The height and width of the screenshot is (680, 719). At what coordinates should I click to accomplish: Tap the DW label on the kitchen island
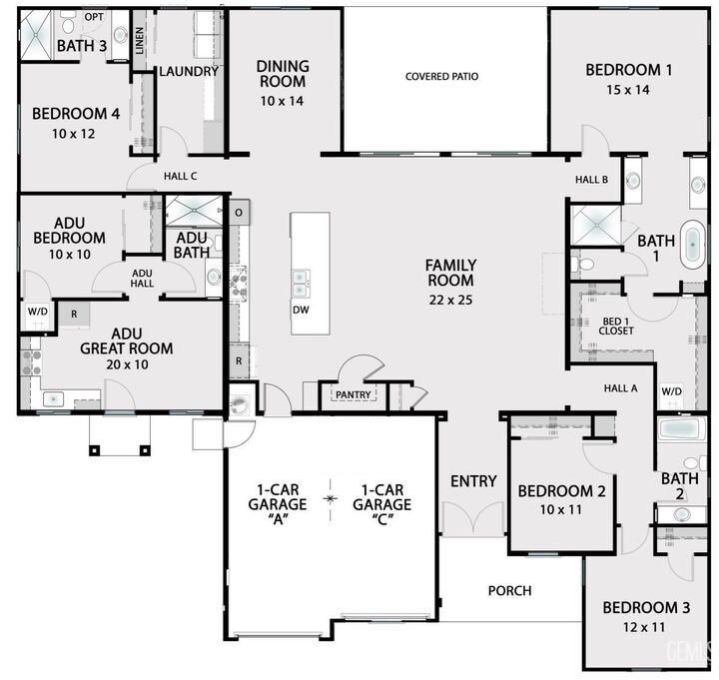[301, 311]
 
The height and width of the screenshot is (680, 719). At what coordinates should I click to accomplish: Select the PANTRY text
[353, 395]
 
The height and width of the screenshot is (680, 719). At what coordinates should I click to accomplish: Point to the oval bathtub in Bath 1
[691, 245]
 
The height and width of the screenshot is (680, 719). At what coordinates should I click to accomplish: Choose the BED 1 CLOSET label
[616, 326]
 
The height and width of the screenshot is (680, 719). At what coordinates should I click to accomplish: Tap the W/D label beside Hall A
[670, 390]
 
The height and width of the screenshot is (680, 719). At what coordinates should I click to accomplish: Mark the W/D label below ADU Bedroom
[37, 312]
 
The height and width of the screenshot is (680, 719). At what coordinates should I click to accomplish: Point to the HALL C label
[181, 177]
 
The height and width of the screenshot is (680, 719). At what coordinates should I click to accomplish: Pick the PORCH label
[509, 590]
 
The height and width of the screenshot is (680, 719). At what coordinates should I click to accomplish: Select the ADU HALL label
[142, 279]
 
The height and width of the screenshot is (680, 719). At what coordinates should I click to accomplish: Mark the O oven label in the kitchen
[239, 213]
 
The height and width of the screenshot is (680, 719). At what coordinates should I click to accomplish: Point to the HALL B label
[591, 180]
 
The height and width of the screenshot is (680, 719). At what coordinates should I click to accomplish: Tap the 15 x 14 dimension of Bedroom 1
[628, 90]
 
